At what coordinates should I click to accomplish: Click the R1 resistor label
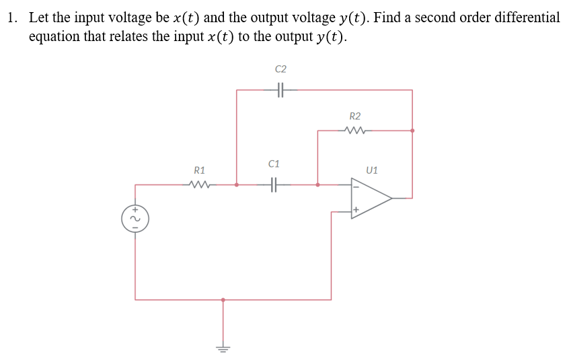pyautogui.click(x=200, y=170)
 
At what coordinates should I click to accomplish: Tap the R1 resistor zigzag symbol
pyautogui.click(x=200, y=184)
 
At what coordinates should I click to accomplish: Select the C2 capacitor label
pyautogui.click(x=280, y=69)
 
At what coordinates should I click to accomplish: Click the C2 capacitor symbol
pyautogui.click(x=280, y=89)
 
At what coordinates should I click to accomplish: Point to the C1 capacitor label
pyautogui.click(x=274, y=164)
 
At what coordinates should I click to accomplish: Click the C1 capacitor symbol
pyautogui.click(x=274, y=184)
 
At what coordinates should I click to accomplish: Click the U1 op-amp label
pyautogui.click(x=372, y=170)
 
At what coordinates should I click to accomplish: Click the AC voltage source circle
pyautogui.click(x=135, y=218)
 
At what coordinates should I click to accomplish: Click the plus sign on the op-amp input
pyautogui.click(x=355, y=211)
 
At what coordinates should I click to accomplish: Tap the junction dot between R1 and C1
pyautogui.click(x=237, y=184)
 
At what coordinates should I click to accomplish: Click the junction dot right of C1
pyautogui.click(x=317, y=184)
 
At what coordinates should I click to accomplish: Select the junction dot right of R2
pyautogui.click(x=412, y=131)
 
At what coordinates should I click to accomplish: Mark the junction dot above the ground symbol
pyautogui.click(x=223, y=299)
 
